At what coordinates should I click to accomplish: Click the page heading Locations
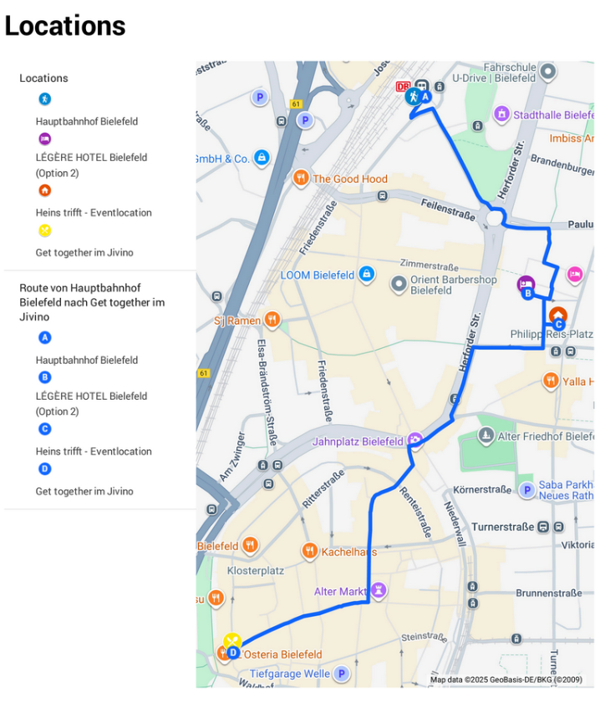65,26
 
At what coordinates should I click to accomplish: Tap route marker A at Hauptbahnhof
425,97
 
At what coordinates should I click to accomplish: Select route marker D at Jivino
233,653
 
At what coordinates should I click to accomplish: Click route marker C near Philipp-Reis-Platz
559,325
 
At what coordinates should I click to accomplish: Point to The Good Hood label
350,179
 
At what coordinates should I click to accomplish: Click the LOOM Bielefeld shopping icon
366,274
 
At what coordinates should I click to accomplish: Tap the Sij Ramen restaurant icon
272,320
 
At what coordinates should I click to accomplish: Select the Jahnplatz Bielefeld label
358,442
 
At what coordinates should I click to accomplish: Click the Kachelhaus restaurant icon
309,551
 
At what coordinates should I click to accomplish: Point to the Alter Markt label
340,592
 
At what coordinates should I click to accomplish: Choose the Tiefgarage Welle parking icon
341,674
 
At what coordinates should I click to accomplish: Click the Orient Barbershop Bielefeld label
454,285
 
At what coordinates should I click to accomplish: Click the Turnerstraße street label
502,527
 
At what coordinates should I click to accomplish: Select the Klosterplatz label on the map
256,571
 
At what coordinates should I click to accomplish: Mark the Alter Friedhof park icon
486,436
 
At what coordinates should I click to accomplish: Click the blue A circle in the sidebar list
45,338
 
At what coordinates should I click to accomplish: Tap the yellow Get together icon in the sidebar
45,230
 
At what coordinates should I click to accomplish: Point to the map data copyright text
506,679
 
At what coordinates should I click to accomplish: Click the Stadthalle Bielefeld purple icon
501,114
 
